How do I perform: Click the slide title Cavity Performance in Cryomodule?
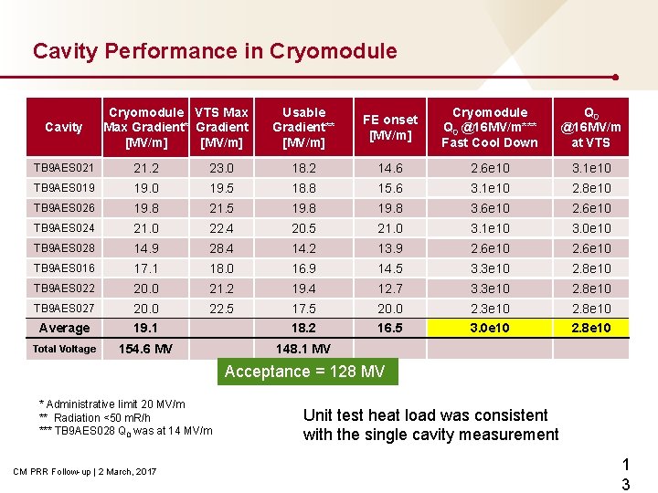click(215, 51)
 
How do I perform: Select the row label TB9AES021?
click(63, 168)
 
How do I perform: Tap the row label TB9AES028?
click(63, 248)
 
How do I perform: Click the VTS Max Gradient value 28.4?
click(221, 248)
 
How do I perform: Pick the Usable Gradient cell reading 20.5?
click(303, 228)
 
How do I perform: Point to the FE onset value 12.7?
click(390, 288)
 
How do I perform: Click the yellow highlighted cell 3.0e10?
click(490, 328)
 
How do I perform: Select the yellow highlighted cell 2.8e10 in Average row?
click(591, 328)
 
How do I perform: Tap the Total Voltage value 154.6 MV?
click(145, 349)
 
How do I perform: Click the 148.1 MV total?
click(303, 349)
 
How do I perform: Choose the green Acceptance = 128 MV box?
click(304, 372)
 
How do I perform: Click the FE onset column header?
click(390, 127)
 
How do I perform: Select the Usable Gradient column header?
click(303, 127)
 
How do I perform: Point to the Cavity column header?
click(63, 127)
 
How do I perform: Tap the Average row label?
click(63, 328)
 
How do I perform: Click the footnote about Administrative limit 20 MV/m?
click(111, 404)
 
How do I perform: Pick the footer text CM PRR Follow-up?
click(85, 471)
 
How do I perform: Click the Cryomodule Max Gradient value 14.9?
click(145, 248)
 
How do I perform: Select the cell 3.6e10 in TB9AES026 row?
click(490, 208)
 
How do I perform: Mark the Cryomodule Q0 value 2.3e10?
click(490, 309)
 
